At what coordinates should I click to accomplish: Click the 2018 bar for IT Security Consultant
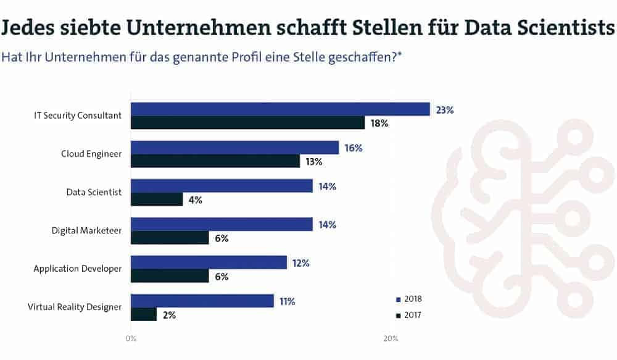point(280,109)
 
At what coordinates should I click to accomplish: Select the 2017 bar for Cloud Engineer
point(215,161)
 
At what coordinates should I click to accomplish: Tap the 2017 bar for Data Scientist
point(157,199)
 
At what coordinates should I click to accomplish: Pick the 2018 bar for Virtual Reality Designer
point(202,301)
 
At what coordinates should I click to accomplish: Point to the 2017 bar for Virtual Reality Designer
point(144,314)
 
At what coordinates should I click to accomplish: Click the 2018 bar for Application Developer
point(209,262)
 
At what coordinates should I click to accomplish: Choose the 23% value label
point(444,110)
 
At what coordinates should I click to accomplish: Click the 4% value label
point(196,200)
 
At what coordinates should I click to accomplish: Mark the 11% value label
point(287,301)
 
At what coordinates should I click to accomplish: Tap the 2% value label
point(169,315)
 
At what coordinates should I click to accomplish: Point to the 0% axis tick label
point(131,338)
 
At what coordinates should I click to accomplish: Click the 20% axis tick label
point(390,338)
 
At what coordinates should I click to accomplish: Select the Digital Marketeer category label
point(86,230)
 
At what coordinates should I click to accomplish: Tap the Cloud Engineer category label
point(91,154)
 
